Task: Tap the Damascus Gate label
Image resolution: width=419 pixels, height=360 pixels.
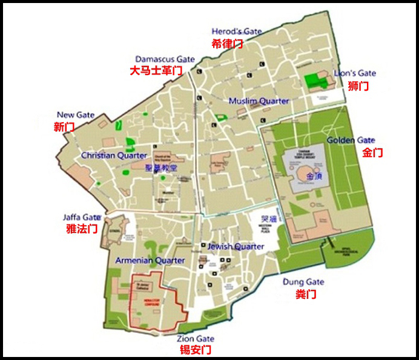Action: click(165, 59)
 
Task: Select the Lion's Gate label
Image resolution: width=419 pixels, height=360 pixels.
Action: click(355, 73)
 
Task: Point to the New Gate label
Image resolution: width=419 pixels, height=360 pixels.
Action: click(75, 115)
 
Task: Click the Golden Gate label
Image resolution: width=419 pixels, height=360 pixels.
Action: click(351, 140)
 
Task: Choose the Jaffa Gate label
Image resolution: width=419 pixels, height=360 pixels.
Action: click(82, 217)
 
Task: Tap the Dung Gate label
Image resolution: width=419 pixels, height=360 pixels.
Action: click(303, 282)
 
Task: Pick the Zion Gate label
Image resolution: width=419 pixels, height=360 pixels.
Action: click(196, 339)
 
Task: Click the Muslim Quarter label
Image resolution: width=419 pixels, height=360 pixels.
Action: click(259, 101)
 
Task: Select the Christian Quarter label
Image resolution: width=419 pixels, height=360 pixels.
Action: click(114, 155)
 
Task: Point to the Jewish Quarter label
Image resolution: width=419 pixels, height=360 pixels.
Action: click(236, 246)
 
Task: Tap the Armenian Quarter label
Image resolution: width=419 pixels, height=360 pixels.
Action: click(149, 260)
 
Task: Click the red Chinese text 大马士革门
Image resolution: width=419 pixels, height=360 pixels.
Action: click(156, 71)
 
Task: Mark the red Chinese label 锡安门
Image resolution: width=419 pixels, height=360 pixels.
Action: click(195, 350)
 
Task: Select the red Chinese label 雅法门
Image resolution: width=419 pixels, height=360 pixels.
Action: click(81, 229)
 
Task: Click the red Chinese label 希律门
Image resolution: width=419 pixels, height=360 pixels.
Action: click(227, 44)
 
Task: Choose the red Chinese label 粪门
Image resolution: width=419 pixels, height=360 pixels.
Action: click(305, 295)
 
